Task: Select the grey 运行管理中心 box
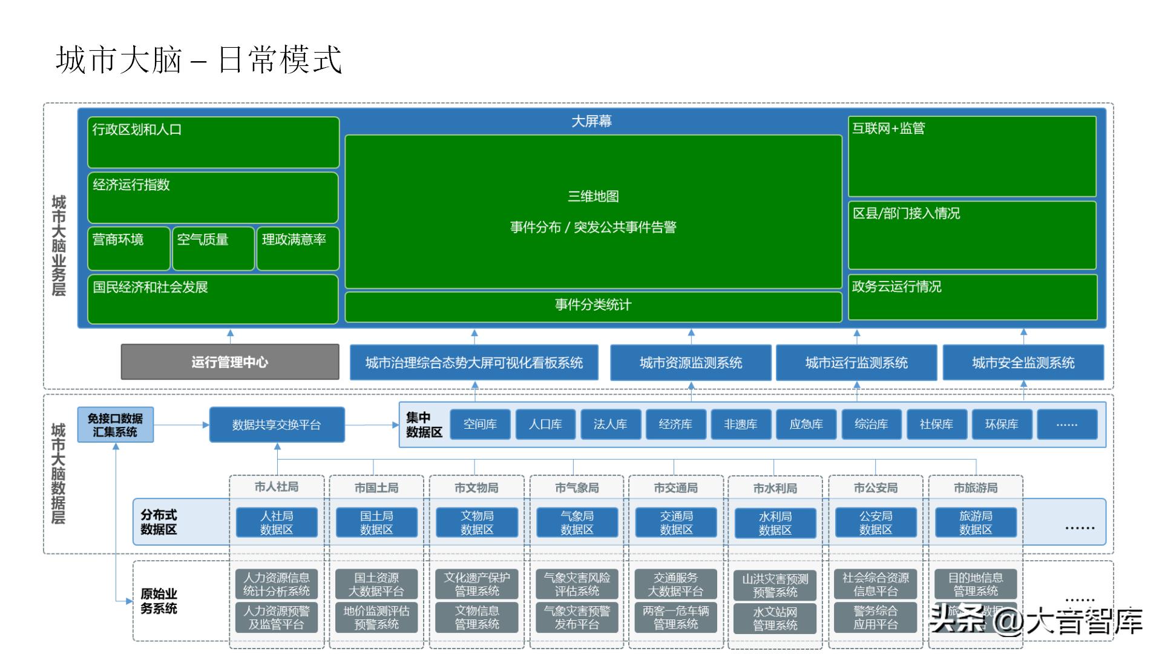pyautogui.click(x=230, y=362)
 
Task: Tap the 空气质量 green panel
pyautogui.click(x=213, y=248)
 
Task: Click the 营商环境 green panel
pyautogui.click(x=128, y=248)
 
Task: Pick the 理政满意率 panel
pyautogui.click(x=298, y=248)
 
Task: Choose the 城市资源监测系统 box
pyautogui.click(x=691, y=363)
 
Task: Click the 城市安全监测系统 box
pyautogui.click(x=1023, y=363)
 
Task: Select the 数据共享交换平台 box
pyautogui.click(x=277, y=425)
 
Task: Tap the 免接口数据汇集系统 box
pyautogui.click(x=115, y=425)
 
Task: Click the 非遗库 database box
pyautogui.click(x=740, y=424)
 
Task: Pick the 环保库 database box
pyautogui.click(x=1002, y=424)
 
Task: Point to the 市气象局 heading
pyautogui.click(x=576, y=487)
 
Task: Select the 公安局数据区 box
pyautogui.click(x=875, y=523)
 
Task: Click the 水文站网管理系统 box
pyautogui.click(x=775, y=618)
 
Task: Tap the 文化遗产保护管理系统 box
pyautogui.click(x=477, y=584)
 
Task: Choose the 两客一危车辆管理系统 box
pyautogui.click(x=675, y=618)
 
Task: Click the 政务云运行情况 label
pyautogui.click(x=897, y=287)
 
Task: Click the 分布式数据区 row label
pyautogui.click(x=159, y=522)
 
